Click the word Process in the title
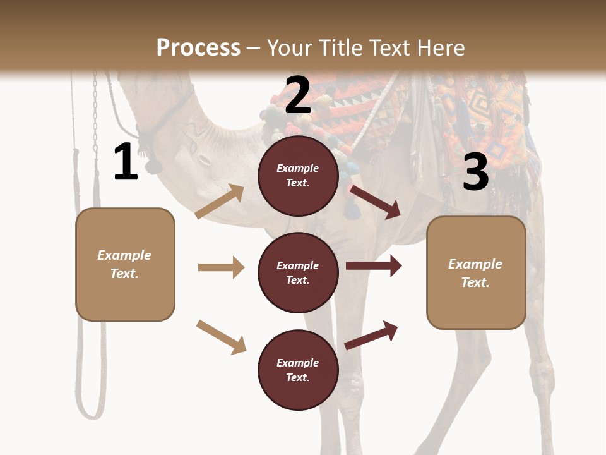coord(198,47)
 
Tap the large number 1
coord(126,162)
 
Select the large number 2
coord(298,95)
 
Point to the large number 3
coord(475,172)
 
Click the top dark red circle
coord(298,176)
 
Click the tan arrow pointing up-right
coord(220,202)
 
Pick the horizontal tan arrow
coord(221,267)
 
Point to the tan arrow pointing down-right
coord(221,337)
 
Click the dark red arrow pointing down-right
coord(376,202)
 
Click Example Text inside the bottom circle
coord(298,370)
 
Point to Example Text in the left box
coord(125,264)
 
